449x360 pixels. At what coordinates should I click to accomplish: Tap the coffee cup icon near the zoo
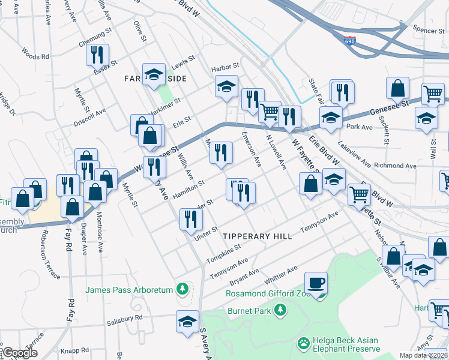315,282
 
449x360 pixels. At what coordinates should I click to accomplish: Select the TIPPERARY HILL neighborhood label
257,236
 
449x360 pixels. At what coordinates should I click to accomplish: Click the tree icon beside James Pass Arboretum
182,290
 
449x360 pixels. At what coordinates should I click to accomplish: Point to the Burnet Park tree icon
280,310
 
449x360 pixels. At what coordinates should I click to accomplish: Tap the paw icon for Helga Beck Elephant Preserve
304,344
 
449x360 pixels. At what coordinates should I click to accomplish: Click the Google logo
20,353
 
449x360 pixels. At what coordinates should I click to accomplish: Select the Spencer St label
428,28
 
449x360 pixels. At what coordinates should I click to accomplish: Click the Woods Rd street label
35,53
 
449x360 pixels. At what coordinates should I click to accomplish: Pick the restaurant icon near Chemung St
97,55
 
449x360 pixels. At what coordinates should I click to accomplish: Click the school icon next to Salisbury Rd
187,322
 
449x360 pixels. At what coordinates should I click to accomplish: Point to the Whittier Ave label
279,272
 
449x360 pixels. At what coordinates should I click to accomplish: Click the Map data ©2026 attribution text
423,355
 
